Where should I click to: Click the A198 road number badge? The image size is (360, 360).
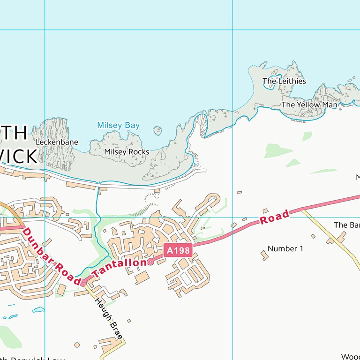179,251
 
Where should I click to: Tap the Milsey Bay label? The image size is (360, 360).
118,126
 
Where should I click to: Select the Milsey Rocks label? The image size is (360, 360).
127,152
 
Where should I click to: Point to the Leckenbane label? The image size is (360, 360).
57,142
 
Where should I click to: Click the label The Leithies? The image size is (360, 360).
284,81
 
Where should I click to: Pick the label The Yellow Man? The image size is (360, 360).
309,105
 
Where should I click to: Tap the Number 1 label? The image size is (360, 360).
285,248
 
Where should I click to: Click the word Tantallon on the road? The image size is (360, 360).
120,269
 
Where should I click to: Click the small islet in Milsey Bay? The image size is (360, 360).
157,130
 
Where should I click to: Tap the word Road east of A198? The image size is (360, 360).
274,217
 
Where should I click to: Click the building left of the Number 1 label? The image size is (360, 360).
264,255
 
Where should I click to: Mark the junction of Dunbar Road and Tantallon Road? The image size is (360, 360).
83,283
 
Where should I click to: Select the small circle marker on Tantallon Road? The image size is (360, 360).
150,262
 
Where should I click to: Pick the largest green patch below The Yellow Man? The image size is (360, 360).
278,151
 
